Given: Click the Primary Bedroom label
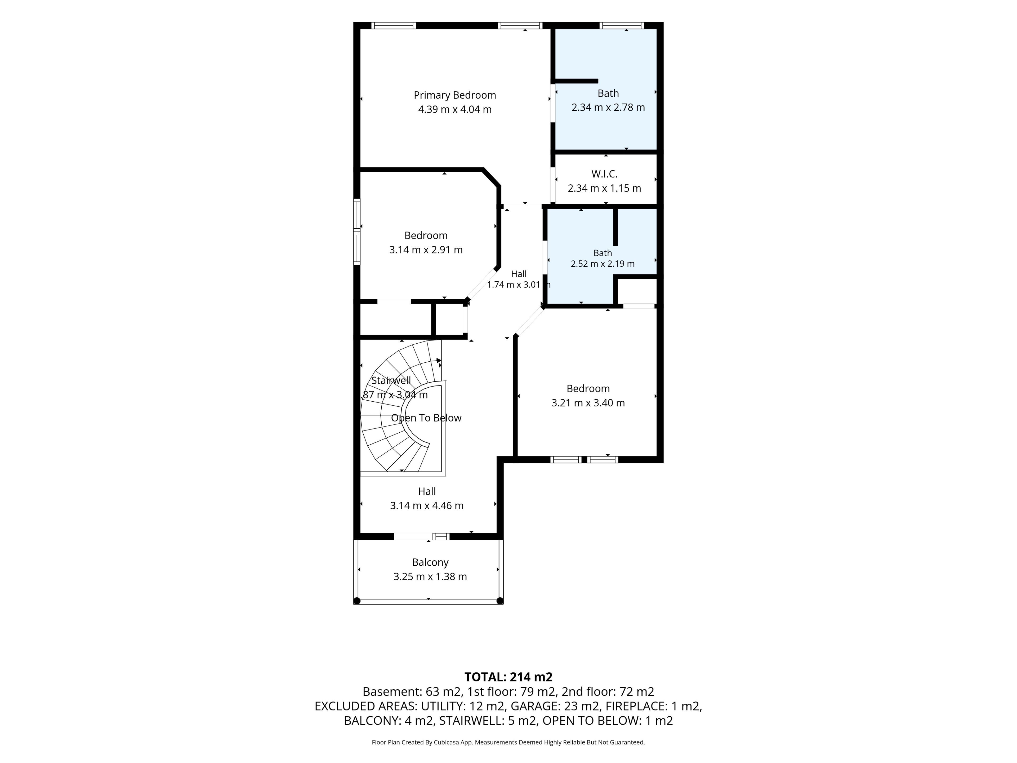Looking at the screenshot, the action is [x=455, y=95].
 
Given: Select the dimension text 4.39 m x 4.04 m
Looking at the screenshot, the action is [x=455, y=109].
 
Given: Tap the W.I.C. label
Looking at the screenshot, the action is [x=604, y=174].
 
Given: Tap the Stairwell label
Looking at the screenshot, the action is [x=391, y=380].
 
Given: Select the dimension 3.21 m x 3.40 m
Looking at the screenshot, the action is [x=588, y=403].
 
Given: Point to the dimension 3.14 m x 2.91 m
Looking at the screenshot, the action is [x=426, y=250].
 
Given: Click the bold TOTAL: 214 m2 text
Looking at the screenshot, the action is [x=508, y=677].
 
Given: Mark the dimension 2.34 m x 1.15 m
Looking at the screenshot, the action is [x=604, y=188].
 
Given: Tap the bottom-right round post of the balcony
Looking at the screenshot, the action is [x=500, y=601].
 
